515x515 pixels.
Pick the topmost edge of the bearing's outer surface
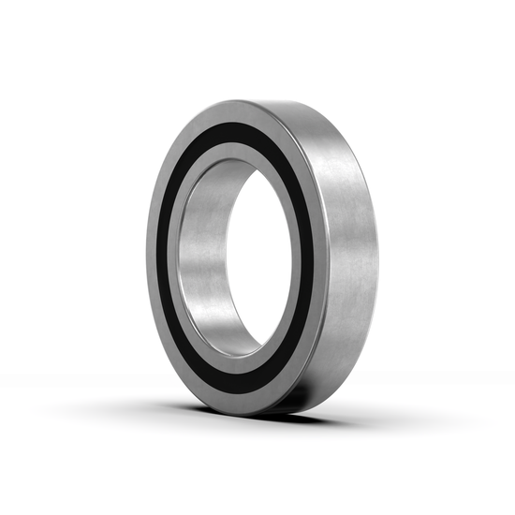[281, 100]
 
